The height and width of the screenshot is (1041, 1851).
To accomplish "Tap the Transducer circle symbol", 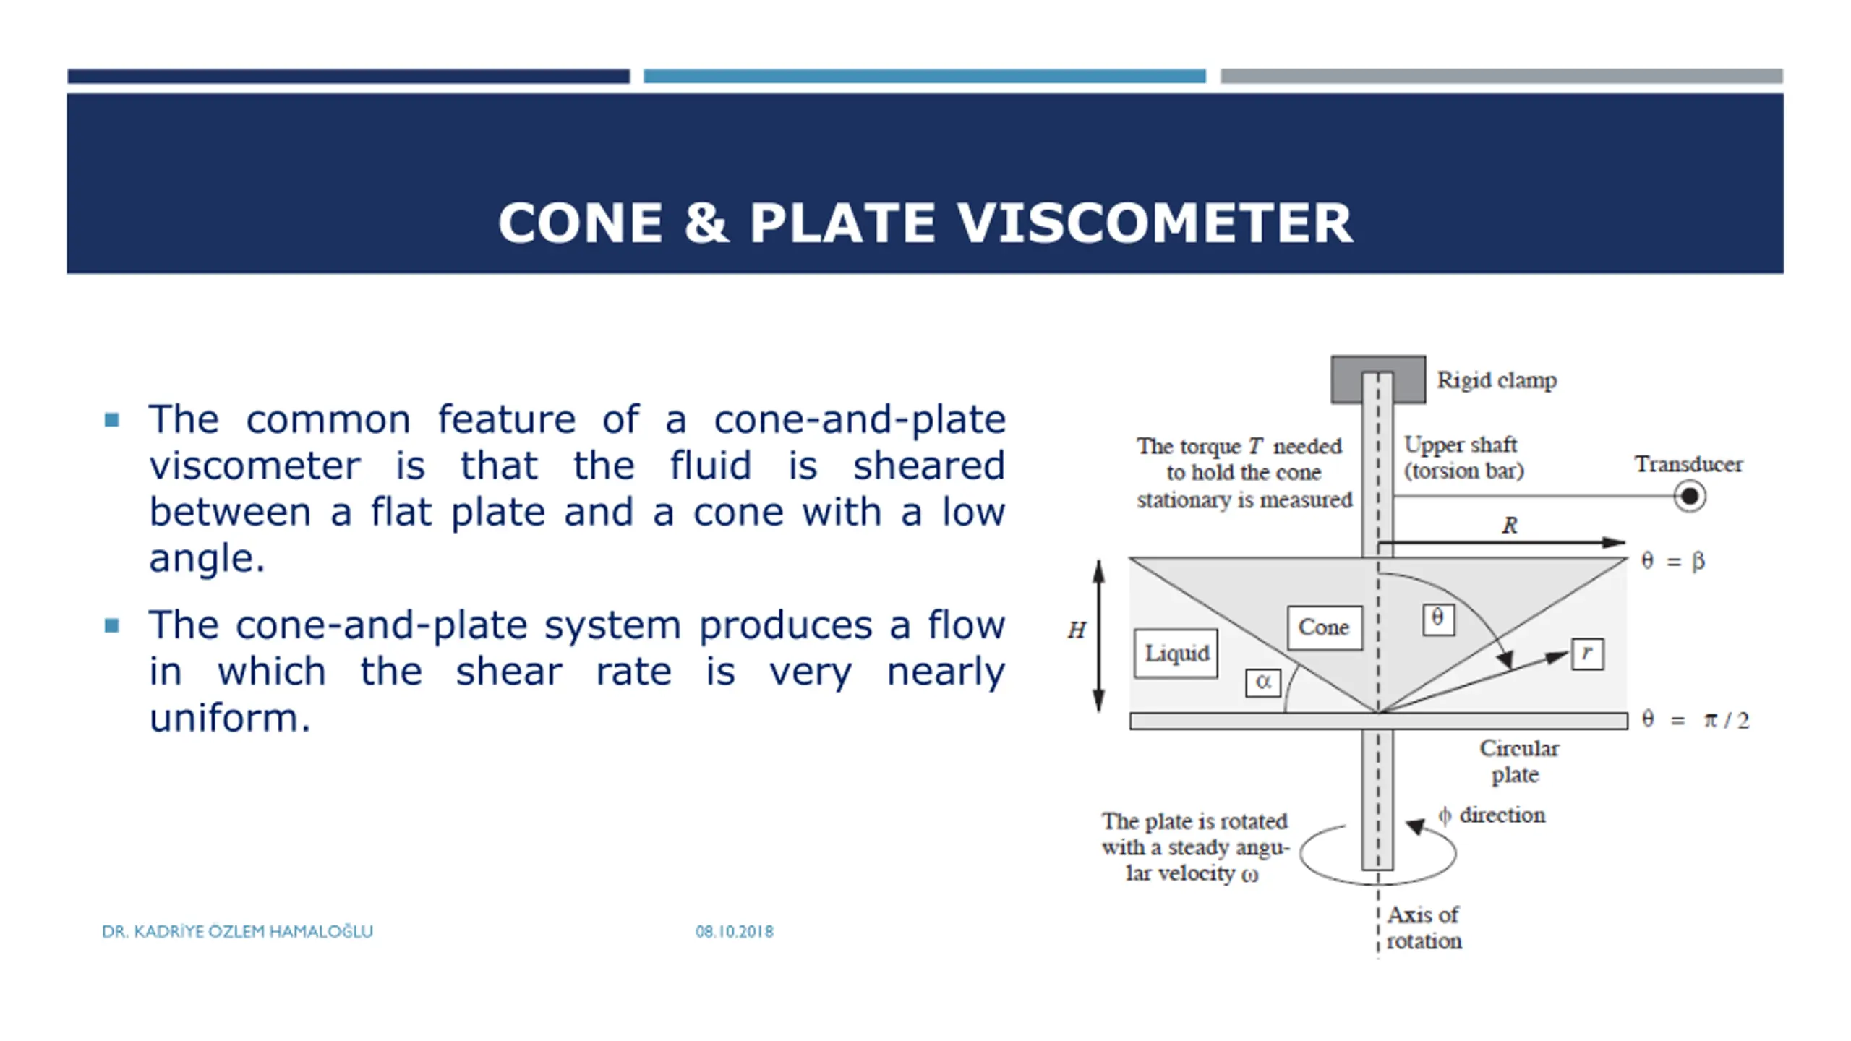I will click(1690, 497).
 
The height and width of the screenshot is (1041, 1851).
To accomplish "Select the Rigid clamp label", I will click(1496, 380).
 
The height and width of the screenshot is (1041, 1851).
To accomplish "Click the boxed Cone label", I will click(1324, 627).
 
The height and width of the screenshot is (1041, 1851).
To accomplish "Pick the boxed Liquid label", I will click(1176, 654).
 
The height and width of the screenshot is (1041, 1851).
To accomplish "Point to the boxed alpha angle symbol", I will click(1263, 682).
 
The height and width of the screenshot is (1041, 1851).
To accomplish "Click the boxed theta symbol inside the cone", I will click(1438, 619).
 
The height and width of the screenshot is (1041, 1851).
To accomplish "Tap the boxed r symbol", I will click(1587, 654).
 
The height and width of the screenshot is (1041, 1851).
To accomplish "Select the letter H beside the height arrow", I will click(1077, 630).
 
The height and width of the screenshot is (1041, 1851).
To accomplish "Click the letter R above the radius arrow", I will click(1510, 526).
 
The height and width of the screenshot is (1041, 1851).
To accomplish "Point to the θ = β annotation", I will click(1672, 561).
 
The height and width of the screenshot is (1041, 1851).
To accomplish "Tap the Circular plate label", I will click(1518, 761).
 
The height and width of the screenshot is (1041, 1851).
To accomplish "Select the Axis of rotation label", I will click(1424, 928).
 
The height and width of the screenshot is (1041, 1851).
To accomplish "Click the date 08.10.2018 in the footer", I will click(735, 932).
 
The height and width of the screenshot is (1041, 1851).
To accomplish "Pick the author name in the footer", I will click(237, 932).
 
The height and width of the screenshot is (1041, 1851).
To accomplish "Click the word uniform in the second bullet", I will click(229, 719).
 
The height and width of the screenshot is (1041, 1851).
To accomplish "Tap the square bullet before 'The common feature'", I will click(111, 420).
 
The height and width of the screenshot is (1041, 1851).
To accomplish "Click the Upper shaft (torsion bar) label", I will click(1463, 458).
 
